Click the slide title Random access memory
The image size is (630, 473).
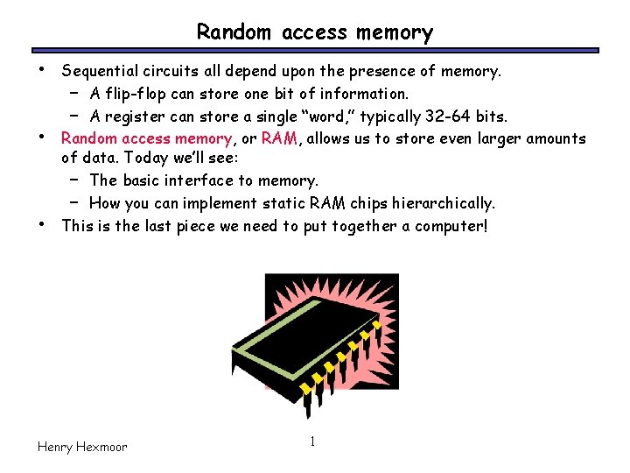314,32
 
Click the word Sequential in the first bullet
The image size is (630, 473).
96,70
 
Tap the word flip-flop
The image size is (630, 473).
134,93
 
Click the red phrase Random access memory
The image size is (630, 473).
146,138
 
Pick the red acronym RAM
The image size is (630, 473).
280,138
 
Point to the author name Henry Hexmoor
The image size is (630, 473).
82,447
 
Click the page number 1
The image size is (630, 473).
312,441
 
